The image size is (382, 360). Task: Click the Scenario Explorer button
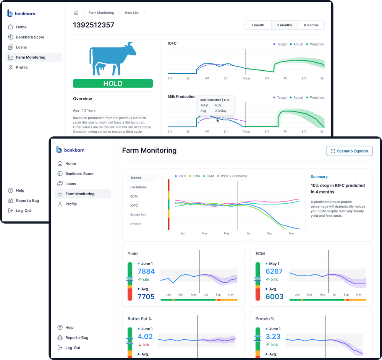(349, 151)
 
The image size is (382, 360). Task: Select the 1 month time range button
(258, 25)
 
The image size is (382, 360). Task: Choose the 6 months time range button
(311, 25)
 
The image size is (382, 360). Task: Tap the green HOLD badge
(113, 83)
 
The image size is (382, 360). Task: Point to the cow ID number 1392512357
(94, 25)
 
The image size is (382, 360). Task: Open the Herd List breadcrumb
(131, 13)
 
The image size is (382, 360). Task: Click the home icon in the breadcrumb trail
(76, 13)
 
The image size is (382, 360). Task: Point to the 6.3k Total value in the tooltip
(218, 105)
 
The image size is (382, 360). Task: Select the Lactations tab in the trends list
(138, 187)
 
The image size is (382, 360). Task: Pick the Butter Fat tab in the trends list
(138, 215)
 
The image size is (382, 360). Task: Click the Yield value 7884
(146, 271)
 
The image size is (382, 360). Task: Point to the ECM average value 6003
(274, 297)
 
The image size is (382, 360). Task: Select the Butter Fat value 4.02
(145, 337)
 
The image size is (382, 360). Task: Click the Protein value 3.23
(273, 337)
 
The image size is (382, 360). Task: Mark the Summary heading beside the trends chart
(319, 177)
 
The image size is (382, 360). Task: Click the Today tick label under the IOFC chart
(246, 78)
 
